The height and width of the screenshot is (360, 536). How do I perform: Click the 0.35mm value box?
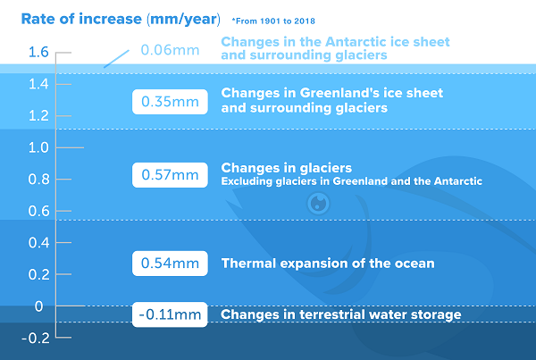(x=170, y=102)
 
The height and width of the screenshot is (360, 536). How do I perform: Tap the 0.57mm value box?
(x=170, y=175)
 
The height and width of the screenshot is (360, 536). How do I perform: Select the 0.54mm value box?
(x=170, y=264)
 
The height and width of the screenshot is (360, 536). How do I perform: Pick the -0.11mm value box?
(x=170, y=314)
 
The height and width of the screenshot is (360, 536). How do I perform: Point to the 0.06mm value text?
(x=170, y=50)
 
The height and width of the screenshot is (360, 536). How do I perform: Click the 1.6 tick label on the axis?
(x=38, y=53)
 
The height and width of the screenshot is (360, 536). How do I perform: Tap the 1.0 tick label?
(x=38, y=147)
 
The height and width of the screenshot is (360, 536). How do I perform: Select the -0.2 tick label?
(x=36, y=339)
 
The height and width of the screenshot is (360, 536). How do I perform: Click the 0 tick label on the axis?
(x=39, y=306)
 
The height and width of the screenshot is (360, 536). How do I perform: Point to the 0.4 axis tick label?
(x=38, y=243)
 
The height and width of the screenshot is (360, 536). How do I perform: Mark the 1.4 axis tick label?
(x=38, y=84)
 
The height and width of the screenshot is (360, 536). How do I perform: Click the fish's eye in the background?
(x=318, y=204)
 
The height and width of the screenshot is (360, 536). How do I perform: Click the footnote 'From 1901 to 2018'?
(x=273, y=21)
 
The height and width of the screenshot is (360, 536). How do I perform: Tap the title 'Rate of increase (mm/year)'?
(x=121, y=19)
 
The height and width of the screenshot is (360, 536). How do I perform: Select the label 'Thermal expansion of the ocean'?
(x=328, y=264)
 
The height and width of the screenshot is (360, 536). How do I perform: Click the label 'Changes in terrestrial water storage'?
(x=341, y=314)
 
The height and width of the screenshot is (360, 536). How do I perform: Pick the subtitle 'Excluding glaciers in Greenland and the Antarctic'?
(x=351, y=180)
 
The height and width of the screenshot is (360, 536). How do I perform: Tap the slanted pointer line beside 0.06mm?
(x=116, y=59)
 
